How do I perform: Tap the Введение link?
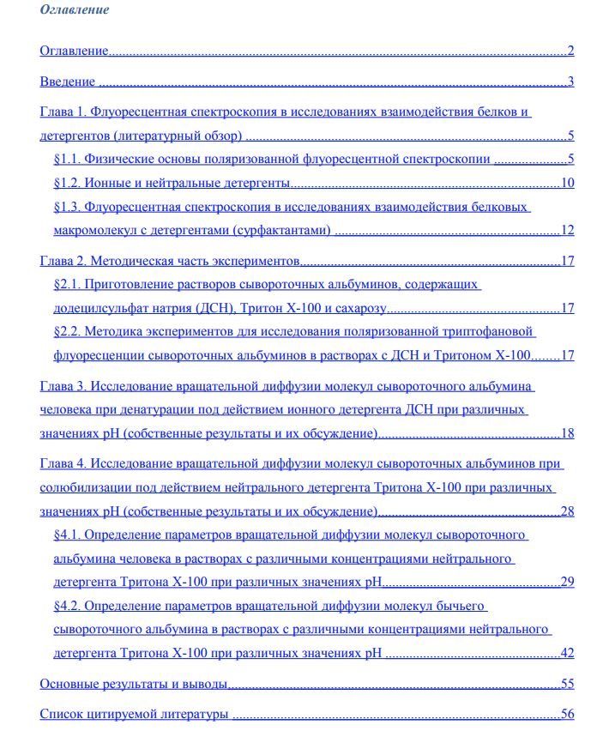pyautogui.click(x=68, y=82)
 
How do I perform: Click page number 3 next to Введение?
pyautogui.click(x=570, y=82)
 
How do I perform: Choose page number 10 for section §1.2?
pyautogui.click(x=567, y=183)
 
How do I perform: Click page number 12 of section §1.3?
pyautogui.click(x=567, y=230)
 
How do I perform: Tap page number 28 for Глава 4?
pyautogui.click(x=567, y=512)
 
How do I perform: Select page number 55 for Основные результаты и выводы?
pyautogui.click(x=567, y=684)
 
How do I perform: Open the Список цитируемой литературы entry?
pyautogui.click(x=135, y=714)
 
